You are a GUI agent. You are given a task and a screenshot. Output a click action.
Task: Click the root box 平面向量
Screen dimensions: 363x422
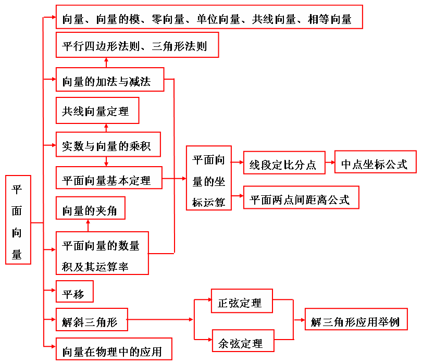(x=18, y=220)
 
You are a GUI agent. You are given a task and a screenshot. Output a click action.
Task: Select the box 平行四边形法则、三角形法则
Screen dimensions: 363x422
(x=137, y=45)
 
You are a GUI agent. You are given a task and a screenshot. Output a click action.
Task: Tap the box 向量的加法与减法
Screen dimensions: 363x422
(x=110, y=81)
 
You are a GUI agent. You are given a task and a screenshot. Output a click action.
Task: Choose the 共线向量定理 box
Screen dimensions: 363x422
(x=97, y=110)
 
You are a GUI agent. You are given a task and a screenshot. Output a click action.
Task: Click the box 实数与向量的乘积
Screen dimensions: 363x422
(x=108, y=145)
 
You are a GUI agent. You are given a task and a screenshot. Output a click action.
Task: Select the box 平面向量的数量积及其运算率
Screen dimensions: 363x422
(x=102, y=253)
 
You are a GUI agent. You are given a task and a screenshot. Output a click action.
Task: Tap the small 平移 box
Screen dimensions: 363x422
(x=75, y=292)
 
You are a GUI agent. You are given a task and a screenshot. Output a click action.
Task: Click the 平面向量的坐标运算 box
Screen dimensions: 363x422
(x=208, y=178)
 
